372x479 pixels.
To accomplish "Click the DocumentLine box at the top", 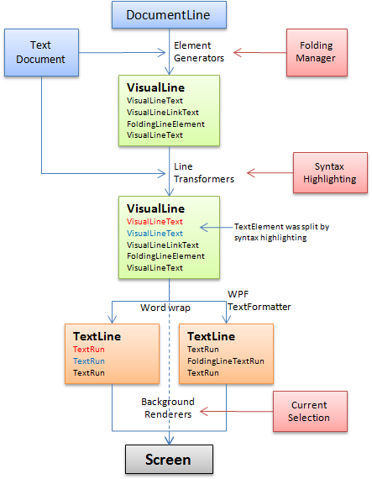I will [x=168, y=14].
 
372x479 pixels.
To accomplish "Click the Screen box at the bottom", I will [x=168, y=460].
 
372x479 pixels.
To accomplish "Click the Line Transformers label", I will [x=203, y=172].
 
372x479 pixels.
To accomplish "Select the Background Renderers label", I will [x=168, y=408].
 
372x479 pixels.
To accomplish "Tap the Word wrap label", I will [x=165, y=308].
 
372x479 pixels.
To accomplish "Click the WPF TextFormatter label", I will [x=259, y=301].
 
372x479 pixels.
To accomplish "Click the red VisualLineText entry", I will [x=155, y=222].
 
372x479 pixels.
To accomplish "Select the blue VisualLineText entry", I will [x=155, y=234].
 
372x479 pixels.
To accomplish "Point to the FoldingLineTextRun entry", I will [x=225, y=361].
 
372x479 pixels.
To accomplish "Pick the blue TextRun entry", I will [x=87, y=361].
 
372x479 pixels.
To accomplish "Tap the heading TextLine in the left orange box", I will [x=97, y=336].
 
